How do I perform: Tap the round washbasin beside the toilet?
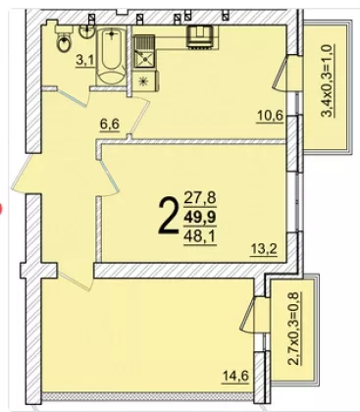coord(86,31)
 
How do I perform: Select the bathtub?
coord(112,56)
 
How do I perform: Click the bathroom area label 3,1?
coord(84,61)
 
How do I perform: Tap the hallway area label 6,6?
coord(110,125)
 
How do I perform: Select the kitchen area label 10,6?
coord(270,116)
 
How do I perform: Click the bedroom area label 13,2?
coord(264,249)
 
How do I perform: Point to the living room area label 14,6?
coord(235,376)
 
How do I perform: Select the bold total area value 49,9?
coord(201,217)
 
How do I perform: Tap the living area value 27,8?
coord(201,198)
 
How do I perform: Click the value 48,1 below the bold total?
coord(201,236)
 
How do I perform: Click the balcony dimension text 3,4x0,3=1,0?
coord(328,80)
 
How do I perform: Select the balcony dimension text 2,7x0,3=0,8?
coord(293,329)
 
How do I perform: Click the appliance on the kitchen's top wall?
coord(199,37)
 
